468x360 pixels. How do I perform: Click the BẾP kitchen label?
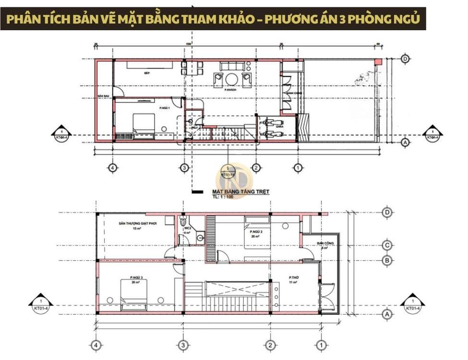click(147, 73)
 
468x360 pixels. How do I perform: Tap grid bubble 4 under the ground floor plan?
click(112, 168)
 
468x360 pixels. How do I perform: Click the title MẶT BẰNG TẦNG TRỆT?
click(240, 192)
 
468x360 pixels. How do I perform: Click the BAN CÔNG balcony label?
click(322, 243)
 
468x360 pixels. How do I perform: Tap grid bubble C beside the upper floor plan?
click(387, 246)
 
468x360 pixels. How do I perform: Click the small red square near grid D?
click(378, 61)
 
